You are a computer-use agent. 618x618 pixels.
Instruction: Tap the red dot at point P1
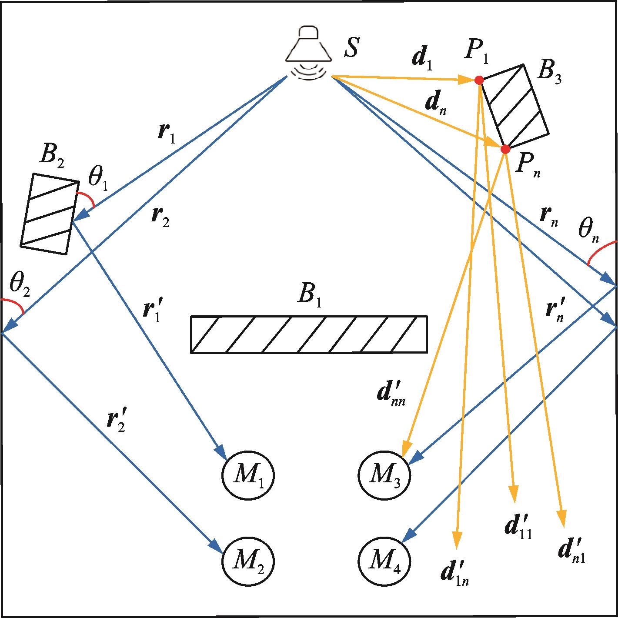click(479, 80)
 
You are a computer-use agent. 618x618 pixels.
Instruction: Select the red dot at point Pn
click(505, 149)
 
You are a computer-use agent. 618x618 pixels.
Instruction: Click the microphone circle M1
click(248, 476)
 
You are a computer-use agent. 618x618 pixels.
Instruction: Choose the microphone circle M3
click(384, 476)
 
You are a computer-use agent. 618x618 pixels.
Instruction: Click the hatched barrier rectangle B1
click(309, 334)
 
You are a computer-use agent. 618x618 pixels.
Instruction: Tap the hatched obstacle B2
click(50, 214)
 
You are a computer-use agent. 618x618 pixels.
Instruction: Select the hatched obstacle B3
click(515, 106)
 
